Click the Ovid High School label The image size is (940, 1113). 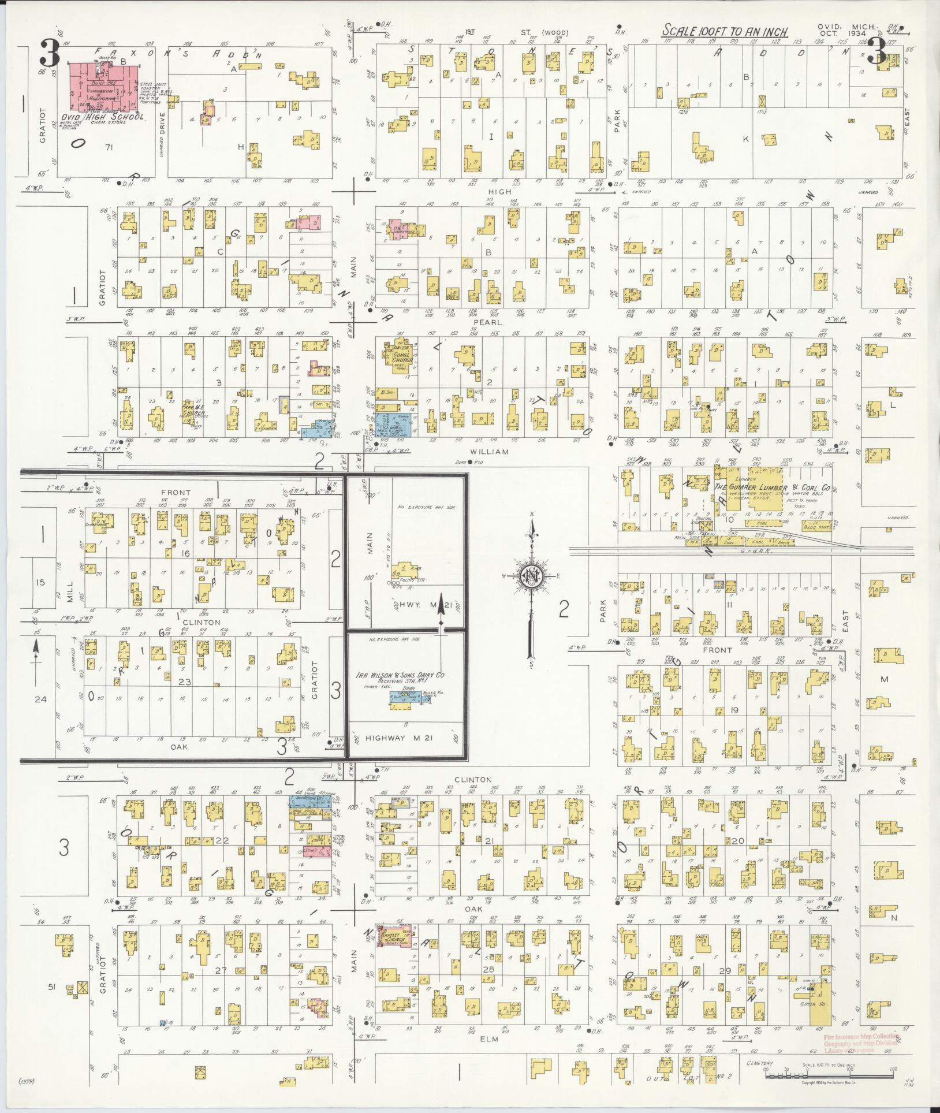[x=103, y=117]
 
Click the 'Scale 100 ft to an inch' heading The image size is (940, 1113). [x=725, y=30]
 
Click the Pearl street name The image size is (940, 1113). [x=488, y=322]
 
